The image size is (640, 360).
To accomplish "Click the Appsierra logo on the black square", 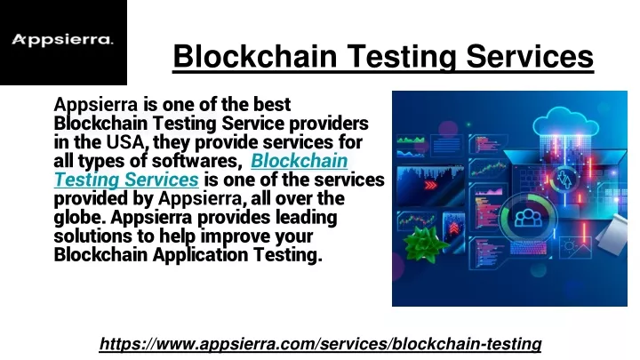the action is tap(62, 40).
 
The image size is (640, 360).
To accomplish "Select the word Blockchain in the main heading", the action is tap(255, 56).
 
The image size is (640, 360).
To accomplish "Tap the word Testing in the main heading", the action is tap(402, 57).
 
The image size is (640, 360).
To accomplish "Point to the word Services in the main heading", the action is tap(530, 56).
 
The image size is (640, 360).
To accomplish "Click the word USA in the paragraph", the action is tap(125, 142).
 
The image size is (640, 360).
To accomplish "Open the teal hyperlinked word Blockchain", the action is tap(300, 160).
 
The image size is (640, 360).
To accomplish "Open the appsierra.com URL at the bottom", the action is tap(320, 344).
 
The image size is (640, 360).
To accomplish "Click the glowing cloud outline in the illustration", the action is tap(565, 121).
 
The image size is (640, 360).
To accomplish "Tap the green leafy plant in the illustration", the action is tap(425, 244).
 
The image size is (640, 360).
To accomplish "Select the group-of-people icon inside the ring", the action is tap(529, 218).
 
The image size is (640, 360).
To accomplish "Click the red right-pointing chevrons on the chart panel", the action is tap(430, 185).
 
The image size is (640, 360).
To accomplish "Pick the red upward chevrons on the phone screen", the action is tap(454, 228).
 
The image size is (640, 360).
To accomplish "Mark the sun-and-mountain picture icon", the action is tap(576, 247).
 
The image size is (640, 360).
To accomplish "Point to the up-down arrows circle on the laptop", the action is tap(564, 180).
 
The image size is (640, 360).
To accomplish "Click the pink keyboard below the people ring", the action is tap(528, 247).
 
